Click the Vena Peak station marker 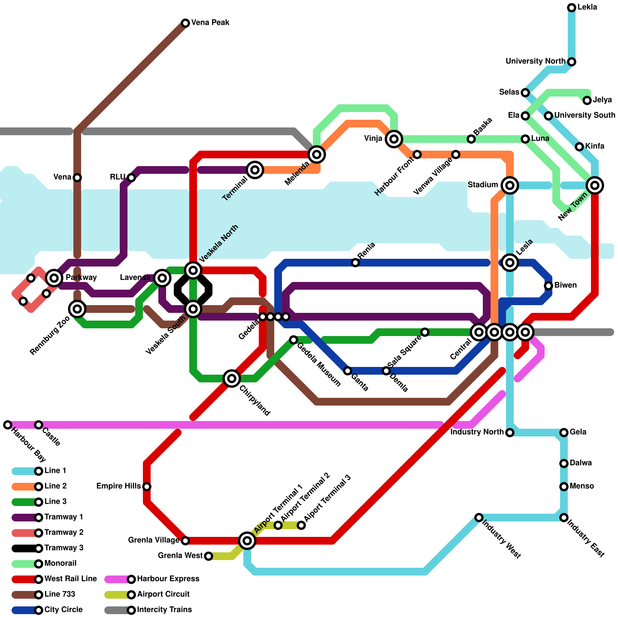tap(185, 23)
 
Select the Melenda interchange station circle tap(317, 154)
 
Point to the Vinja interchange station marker tap(394, 139)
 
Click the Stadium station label tap(483, 185)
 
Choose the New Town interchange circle tap(595, 185)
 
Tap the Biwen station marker tap(548, 286)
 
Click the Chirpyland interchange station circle tap(232, 379)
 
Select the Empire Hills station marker tap(147, 487)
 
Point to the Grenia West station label tap(180, 556)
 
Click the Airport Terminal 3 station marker tap(301, 525)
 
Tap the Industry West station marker tap(479, 518)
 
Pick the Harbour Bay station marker tap(8, 425)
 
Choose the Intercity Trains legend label tap(165, 610)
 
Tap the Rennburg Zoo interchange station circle tap(77, 309)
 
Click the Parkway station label tap(81, 278)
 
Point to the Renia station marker tap(355, 263)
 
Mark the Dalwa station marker tap(564, 463)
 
